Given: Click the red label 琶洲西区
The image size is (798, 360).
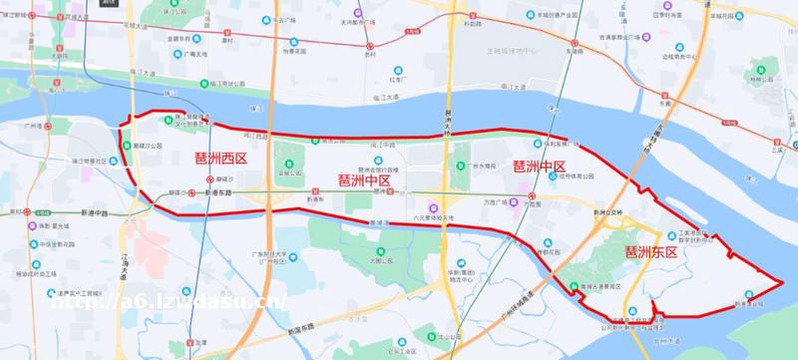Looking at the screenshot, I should click(220, 159).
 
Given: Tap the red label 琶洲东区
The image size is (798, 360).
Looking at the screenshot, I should click(650, 253).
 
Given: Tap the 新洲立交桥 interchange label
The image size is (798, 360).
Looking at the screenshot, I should click(607, 212).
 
